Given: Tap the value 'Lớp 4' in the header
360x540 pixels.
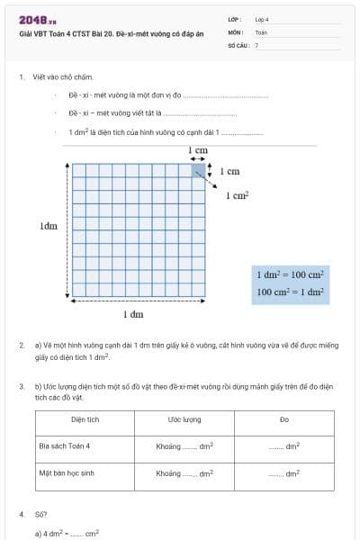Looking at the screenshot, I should coord(262,19).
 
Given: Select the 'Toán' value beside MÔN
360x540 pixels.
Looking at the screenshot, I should coord(261,31).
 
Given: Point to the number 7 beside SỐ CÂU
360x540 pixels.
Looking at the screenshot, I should coord(256,44).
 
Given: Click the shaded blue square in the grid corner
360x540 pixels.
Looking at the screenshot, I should coord(198,169).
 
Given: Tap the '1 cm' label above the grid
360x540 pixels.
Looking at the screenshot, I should coord(198,151).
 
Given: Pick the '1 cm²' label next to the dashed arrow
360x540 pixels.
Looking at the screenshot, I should coord(237,194).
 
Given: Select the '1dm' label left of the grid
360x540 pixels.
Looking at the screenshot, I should coord(49,226).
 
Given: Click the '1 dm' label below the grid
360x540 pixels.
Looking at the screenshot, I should coord(133,314).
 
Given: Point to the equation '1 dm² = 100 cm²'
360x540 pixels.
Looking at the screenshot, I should coord(290,274).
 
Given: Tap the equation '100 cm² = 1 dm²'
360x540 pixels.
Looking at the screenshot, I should coord(290,292).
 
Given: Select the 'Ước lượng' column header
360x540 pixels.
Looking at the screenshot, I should coord(184,419).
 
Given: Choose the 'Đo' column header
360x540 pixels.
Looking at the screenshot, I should coord(283,419).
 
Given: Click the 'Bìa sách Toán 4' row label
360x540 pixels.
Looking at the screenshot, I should coord(65,445).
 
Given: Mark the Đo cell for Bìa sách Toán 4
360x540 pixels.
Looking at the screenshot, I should coord(283,446).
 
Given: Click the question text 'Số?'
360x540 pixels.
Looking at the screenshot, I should coord(40,515).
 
